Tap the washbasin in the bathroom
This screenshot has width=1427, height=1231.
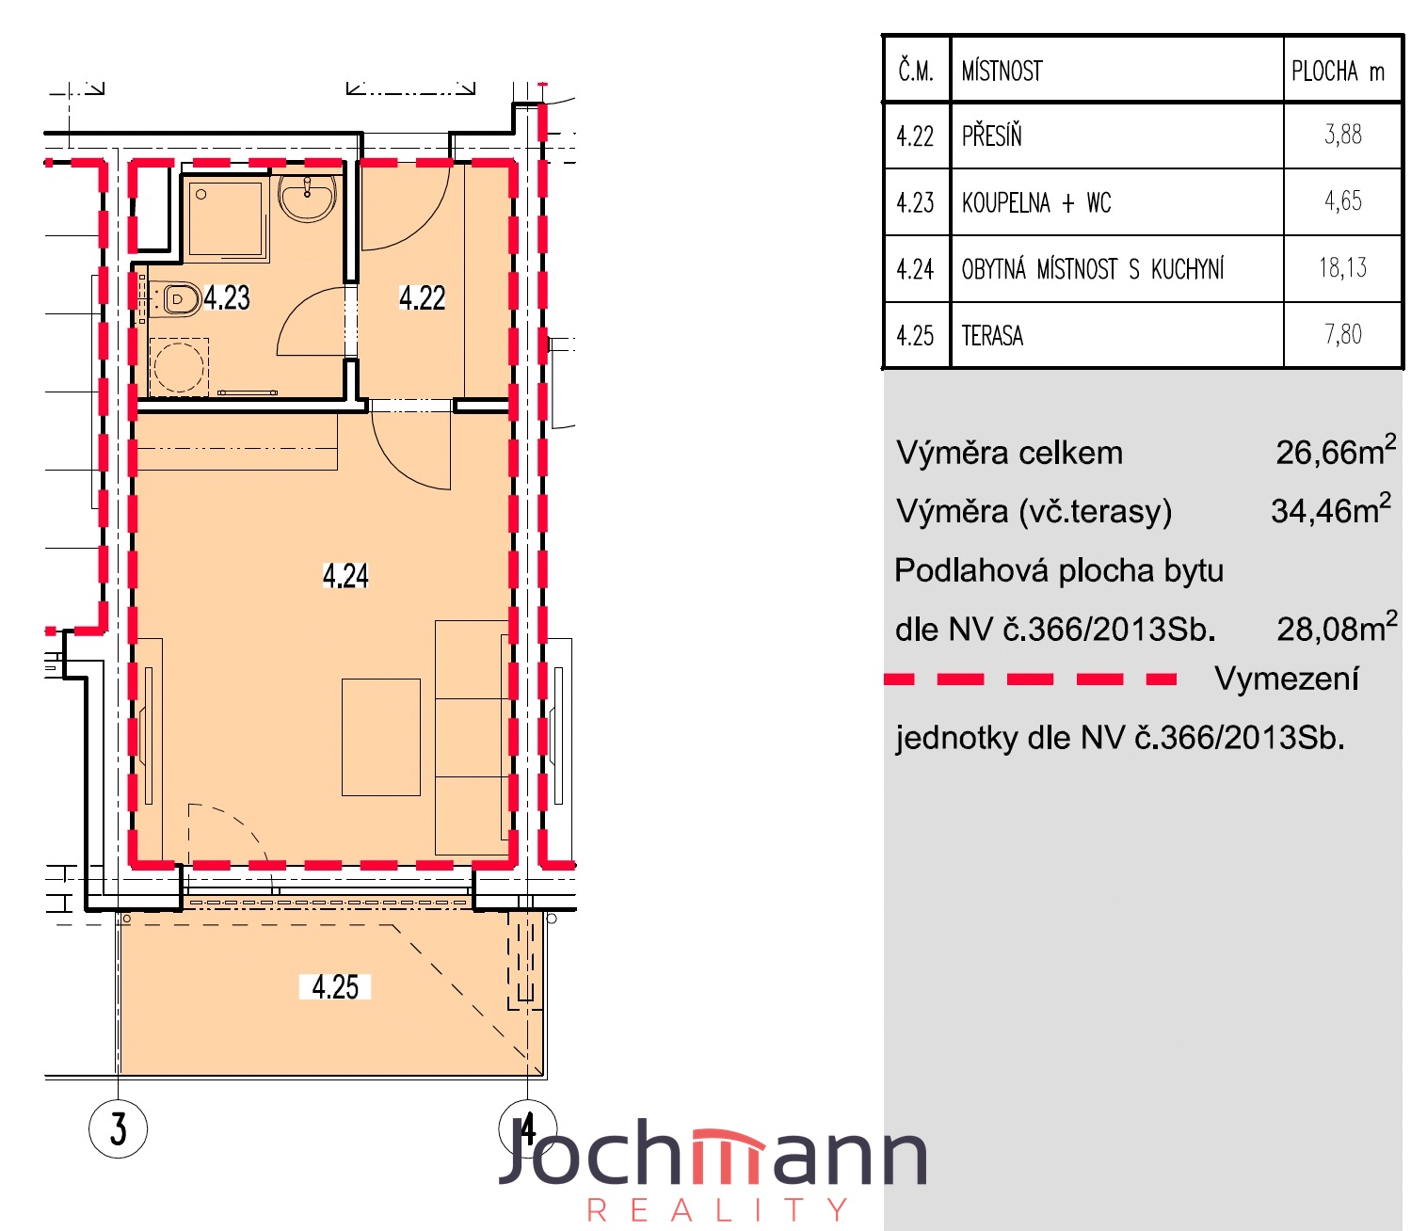tap(308, 196)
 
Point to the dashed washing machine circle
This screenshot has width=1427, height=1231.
tap(179, 367)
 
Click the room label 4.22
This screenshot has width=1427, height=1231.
tap(422, 297)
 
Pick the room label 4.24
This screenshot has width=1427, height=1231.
tap(345, 575)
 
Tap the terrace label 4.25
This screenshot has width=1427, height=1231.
tap(335, 986)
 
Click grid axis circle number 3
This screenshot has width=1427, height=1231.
tap(118, 1129)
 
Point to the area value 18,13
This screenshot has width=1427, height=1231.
tap(1343, 267)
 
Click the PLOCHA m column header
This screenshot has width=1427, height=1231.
tap(1338, 71)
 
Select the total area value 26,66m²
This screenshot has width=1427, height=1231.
tap(1336, 451)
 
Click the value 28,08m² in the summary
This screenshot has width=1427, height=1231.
tap(1337, 627)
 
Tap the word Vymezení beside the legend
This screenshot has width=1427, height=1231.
tap(1287, 679)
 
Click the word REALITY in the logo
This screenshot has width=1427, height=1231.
tap(717, 1209)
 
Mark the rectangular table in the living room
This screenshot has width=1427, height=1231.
tap(381, 737)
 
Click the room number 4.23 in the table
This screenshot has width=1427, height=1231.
tap(915, 202)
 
